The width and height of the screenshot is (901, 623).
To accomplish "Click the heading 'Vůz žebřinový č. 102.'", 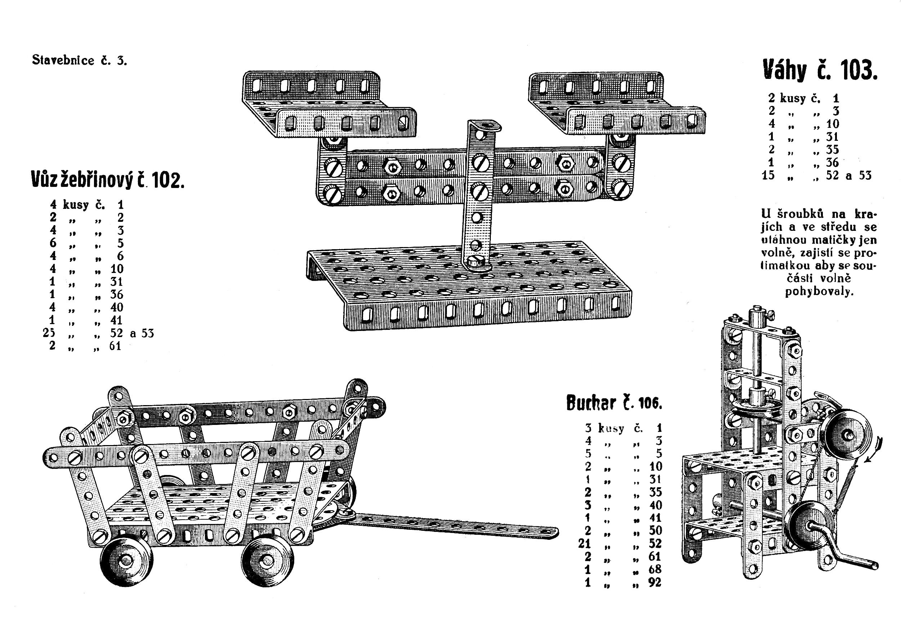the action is [x=107, y=180].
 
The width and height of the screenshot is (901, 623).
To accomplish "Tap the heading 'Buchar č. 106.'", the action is [x=614, y=403].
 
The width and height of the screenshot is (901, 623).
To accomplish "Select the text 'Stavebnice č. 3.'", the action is [x=80, y=60].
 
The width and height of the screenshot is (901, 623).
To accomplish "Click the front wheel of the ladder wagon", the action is [x=126, y=561].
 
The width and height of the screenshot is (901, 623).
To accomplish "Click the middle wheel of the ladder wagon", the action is [x=268, y=561].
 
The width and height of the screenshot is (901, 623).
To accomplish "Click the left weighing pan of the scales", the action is [x=329, y=104].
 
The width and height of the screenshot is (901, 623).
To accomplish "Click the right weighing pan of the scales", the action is [x=617, y=104].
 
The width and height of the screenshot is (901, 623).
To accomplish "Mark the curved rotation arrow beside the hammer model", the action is [x=873, y=449].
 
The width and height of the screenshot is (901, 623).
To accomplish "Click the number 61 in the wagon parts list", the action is [x=115, y=346].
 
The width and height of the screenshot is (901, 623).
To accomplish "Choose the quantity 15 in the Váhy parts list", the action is [x=768, y=175].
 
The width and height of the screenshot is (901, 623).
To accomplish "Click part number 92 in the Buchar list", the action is [x=655, y=582].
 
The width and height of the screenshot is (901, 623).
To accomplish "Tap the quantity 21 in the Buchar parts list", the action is [x=585, y=543].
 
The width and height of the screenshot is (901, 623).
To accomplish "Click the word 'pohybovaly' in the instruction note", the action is [x=819, y=292].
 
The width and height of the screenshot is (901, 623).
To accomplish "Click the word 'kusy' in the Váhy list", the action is [x=793, y=98].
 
